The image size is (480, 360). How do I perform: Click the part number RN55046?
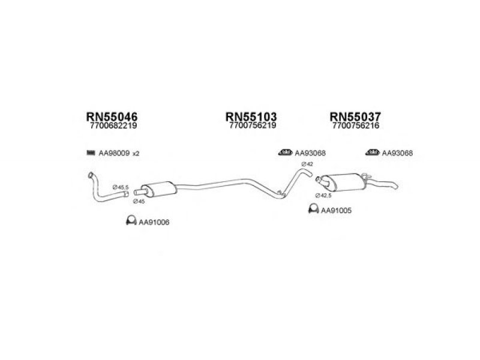[x=112, y=116]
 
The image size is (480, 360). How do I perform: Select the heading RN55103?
[x=251, y=116]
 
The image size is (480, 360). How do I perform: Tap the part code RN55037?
[x=355, y=116]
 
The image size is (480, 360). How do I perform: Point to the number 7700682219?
[x=113, y=125]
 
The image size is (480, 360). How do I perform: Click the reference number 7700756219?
[x=253, y=125]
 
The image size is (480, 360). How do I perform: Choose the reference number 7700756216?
[x=356, y=125]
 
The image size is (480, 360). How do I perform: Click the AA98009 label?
[x=114, y=153]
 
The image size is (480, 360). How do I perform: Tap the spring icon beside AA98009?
[x=91, y=152]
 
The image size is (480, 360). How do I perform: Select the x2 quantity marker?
[x=136, y=154]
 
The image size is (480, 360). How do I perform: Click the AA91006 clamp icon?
[x=131, y=220]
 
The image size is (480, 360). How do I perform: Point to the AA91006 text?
[x=154, y=223]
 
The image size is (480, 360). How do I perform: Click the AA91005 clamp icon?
[x=313, y=208]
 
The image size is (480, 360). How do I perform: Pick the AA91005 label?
[x=336, y=211]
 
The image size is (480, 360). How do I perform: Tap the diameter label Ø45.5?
[x=121, y=187]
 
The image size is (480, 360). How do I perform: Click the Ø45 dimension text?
[x=139, y=202]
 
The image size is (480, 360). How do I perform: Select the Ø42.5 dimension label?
[x=323, y=196]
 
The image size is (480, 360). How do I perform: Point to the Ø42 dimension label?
[x=307, y=164]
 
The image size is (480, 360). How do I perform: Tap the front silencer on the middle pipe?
[x=159, y=189]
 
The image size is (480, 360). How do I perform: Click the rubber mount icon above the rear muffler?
[x=372, y=152]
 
